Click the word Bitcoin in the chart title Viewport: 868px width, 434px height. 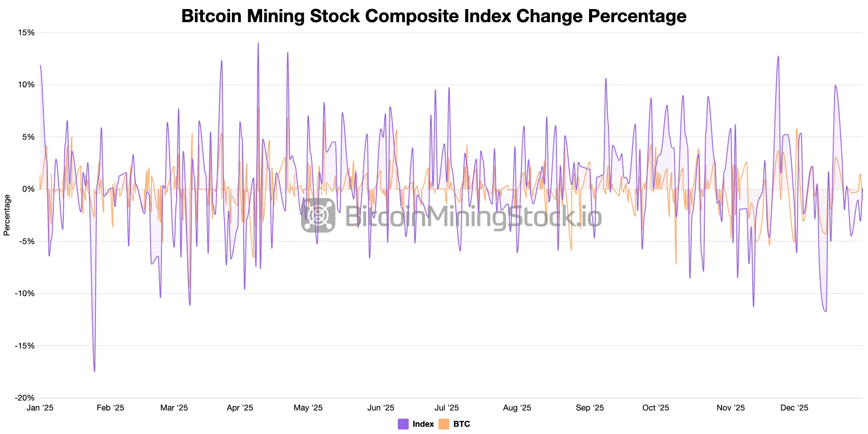[x=212, y=16]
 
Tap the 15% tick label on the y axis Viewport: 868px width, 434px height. [x=26, y=33]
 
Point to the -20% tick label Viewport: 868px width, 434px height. [x=25, y=398]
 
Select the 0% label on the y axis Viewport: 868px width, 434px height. [x=28, y=189]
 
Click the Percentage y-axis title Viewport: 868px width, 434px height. [x=7, y=215]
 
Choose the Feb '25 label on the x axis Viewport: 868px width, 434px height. [x=110, y=408]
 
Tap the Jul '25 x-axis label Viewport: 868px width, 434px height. [x=447, y=408]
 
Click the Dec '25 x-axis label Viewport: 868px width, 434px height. [x=794, y=408]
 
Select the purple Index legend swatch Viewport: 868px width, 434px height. [x=403, y=424]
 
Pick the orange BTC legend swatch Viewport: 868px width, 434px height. [x=444, y=424]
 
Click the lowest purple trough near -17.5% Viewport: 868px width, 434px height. [x=94, y=371]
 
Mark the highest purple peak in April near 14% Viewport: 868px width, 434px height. [x=258, y=43]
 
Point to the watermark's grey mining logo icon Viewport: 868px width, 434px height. [x=318, y=215]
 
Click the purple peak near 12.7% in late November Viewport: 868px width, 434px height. [x=778, y=57]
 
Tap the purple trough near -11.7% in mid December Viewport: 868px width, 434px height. [x=826, y=311]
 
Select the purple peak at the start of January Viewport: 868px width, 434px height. [x=40, y=66]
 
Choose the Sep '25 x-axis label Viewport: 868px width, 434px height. [x=590, y=408]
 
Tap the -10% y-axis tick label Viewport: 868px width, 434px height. [x=25, y=293]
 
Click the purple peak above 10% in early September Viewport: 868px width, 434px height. [x=606, y=79]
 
